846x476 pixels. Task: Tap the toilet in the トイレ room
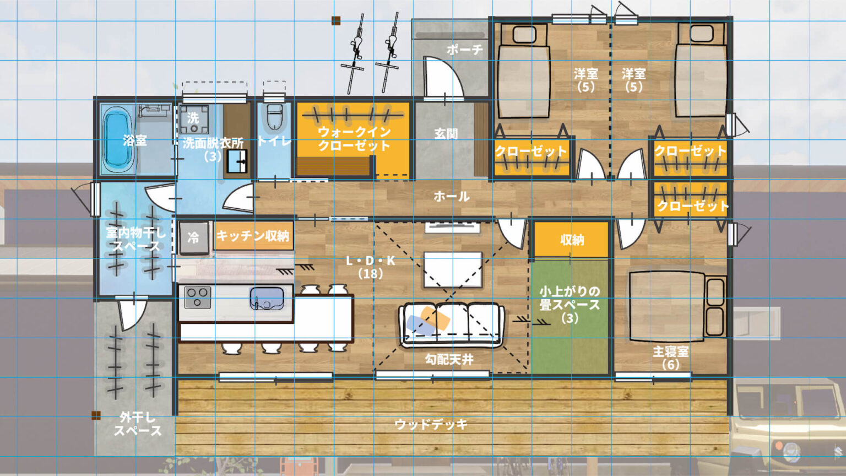point(274,117)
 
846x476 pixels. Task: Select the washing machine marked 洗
point(194,119)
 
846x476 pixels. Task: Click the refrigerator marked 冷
point(193,237)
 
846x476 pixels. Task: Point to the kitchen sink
point(267,299)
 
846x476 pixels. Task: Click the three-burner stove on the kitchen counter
point(198,297)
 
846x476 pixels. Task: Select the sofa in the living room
point(452,324)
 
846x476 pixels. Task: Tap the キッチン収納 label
point(253,236)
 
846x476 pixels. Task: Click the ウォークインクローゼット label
point(354,139)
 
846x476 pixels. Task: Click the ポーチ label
point(464,50)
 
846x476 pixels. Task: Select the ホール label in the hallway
point(452,197)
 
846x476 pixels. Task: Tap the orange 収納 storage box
point(571,240)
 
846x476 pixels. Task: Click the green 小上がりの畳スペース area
point(570,317)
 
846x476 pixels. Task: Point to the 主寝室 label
point(670,351)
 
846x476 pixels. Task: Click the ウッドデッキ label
point(431,424)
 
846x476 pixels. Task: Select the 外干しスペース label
point(138,424)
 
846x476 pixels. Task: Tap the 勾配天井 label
point(449,359)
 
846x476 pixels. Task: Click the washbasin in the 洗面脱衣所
point(237,161)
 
